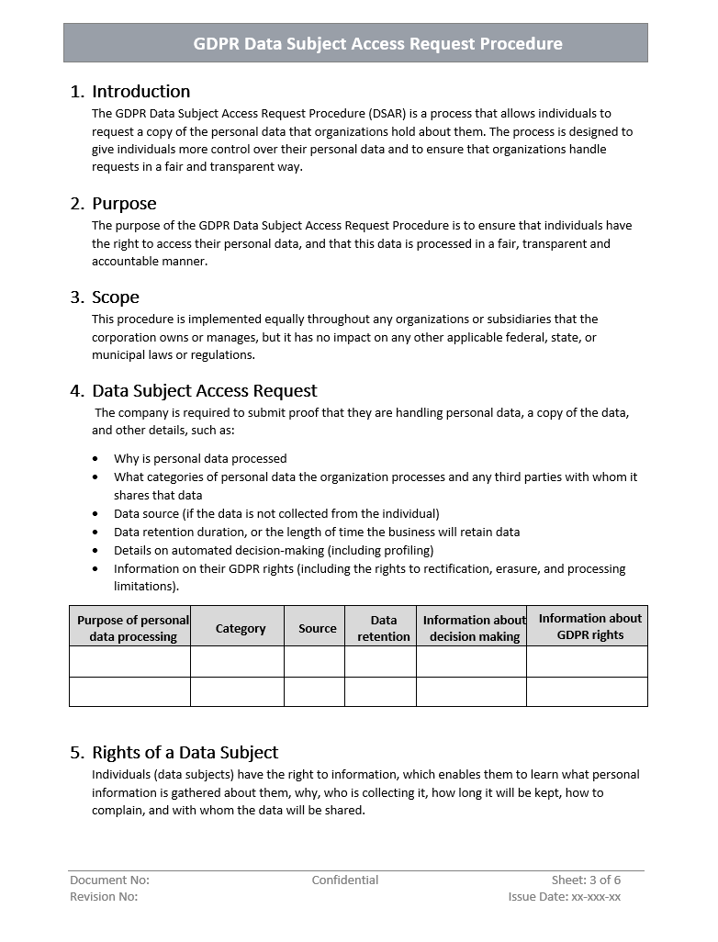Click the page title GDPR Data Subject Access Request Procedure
tap(377, 43)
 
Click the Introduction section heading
tap(140, 92)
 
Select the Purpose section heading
tap(124, 204)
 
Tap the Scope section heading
tap(116, 297)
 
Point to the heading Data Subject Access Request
tap(204, 391)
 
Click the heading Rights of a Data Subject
tap(185, 753)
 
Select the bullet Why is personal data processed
tap(200, 459)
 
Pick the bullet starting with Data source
tap(276, 514)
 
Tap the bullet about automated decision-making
tap(274, 551)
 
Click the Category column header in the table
tap(241, 629)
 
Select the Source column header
tap(318, 629)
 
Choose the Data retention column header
tap(384, 629)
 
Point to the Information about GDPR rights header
tap(589, 627)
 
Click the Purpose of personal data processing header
tap(133, 629)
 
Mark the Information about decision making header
tap(474, 629)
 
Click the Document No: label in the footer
tap(109, 880)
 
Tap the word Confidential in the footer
tap(344, 880)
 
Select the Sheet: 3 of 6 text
tap(586, 880)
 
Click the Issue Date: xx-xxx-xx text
tap(564, 897)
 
